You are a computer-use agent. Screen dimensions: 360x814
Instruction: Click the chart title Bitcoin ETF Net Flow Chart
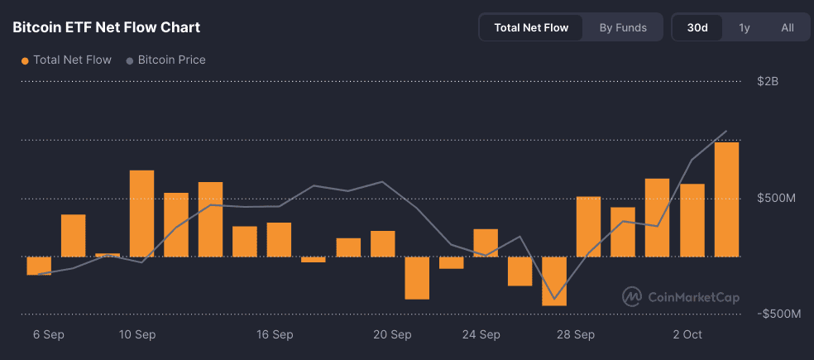click(106, 27)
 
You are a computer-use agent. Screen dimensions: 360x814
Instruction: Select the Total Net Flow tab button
click(531, 27)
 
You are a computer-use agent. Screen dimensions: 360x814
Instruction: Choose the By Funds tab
click(623, 27)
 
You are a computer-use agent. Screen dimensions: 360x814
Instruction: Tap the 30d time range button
click(697, 27)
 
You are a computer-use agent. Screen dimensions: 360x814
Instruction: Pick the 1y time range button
click(745, 27)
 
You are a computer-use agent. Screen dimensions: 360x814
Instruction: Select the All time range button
click(788, 27)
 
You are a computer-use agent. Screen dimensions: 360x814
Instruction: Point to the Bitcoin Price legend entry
click(165, 60)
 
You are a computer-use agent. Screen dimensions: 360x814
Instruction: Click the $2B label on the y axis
click(768, 81)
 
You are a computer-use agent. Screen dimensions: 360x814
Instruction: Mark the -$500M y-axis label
click(778, 314)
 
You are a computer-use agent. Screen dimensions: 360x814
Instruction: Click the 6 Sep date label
click(49, 335)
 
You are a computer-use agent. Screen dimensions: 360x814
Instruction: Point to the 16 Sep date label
click(275, 335)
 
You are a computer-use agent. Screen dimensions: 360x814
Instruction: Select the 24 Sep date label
click(481, 335)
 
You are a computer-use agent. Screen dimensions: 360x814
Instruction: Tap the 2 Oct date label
click(687, 335)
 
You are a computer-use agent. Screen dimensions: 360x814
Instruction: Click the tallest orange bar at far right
click(726, 199)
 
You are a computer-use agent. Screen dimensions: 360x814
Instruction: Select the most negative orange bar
click(554, 281)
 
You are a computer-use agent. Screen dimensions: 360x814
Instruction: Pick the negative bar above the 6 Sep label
click(39, 266)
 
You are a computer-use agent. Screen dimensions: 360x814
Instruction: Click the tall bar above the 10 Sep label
click(141, 214)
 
